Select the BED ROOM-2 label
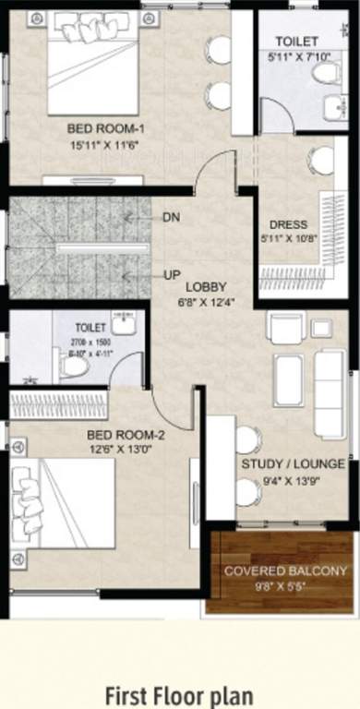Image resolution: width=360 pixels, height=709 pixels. [x=126, y=435]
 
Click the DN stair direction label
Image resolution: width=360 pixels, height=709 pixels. [x=171, y=217]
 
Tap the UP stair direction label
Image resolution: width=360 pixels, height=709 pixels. [x=171, y=275]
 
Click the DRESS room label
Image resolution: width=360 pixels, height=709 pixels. [x=287, y=224]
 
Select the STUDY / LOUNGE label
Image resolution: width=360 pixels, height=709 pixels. [x=292, y=463]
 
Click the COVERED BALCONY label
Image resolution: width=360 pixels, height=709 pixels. [x=285, y=571]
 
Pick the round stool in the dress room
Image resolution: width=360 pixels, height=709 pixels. [x=321, y=161]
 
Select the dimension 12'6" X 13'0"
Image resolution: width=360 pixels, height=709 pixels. [x=126, y=451]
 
